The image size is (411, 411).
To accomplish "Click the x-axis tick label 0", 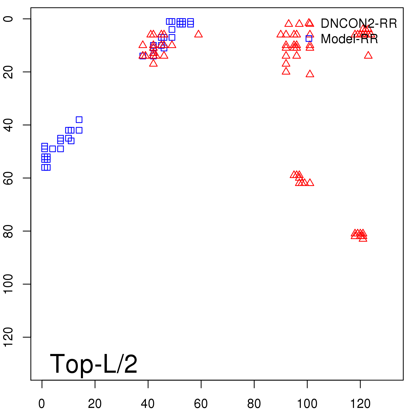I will (42, 404).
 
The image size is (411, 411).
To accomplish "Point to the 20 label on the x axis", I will (95, 404).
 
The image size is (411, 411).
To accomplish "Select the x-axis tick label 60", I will (201, 404).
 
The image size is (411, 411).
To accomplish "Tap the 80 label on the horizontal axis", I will (254, 404).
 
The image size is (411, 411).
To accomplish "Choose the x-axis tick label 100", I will (307, 404).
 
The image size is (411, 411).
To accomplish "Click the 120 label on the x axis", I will (360, 404).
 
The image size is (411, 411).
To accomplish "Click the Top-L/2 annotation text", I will (94, 364).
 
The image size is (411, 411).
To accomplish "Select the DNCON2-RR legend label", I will (359, 24).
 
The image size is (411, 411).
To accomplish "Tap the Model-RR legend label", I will (349, 39).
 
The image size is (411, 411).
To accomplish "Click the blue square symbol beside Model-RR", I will (309, 39).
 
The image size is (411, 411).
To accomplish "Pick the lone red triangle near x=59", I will (198, 34).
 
